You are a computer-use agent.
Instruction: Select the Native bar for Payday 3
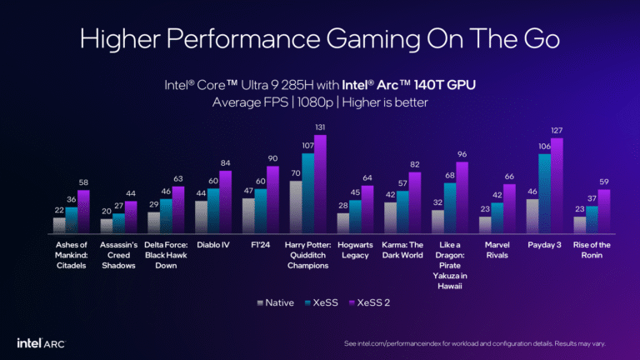(x=533, y=217)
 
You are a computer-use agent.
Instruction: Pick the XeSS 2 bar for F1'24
(x=272, y=200)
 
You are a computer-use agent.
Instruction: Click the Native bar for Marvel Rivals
(x=485, y=225)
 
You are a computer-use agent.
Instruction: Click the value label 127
(x=557, y=131)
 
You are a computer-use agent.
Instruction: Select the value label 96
(x=462, y=155)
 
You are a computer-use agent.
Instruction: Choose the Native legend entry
(x=274, y=302)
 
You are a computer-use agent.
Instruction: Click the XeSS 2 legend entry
(x=367, y=302)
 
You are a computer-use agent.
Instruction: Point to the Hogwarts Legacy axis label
(x=355, y=250)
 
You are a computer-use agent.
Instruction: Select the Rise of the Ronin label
(x=592, y=250)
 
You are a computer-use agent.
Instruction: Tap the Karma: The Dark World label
(x=402, y=250)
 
